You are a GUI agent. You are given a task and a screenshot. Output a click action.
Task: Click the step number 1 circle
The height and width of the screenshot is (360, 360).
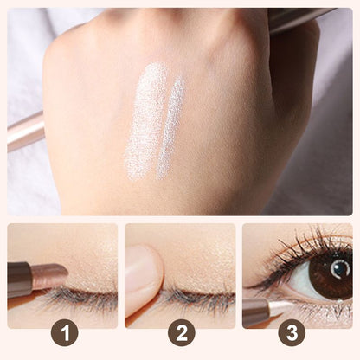pyautogui.click(x=65, y=332)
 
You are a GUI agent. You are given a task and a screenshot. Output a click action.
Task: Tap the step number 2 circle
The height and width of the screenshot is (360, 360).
pyautogui.click(x=182, y=332)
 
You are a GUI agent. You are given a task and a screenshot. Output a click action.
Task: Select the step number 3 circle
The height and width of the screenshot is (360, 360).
pyautogui.click(x=292, y=332)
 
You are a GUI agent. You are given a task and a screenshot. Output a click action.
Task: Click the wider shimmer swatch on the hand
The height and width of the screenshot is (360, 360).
pyautogui.click(x=145, y=121)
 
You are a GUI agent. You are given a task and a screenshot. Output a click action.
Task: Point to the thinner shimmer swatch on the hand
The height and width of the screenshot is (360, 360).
pyautogui.click(x=170, y=128)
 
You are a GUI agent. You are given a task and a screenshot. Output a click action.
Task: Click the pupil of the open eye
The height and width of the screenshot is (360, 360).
pyautogui.click(x=341, y=270)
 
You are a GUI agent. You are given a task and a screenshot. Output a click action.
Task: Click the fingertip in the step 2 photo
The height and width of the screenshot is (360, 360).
pyautogui.click(x=144, y=275)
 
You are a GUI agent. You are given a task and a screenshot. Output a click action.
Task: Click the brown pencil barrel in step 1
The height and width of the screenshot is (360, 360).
pyautogui.click(x=19, y=280)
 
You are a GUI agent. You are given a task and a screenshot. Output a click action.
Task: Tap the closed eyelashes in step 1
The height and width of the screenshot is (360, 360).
pyautogui.click(x=78, y=297)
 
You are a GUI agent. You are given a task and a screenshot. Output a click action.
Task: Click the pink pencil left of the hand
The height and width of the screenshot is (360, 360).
pyautogui.click(x=26, y=132)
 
